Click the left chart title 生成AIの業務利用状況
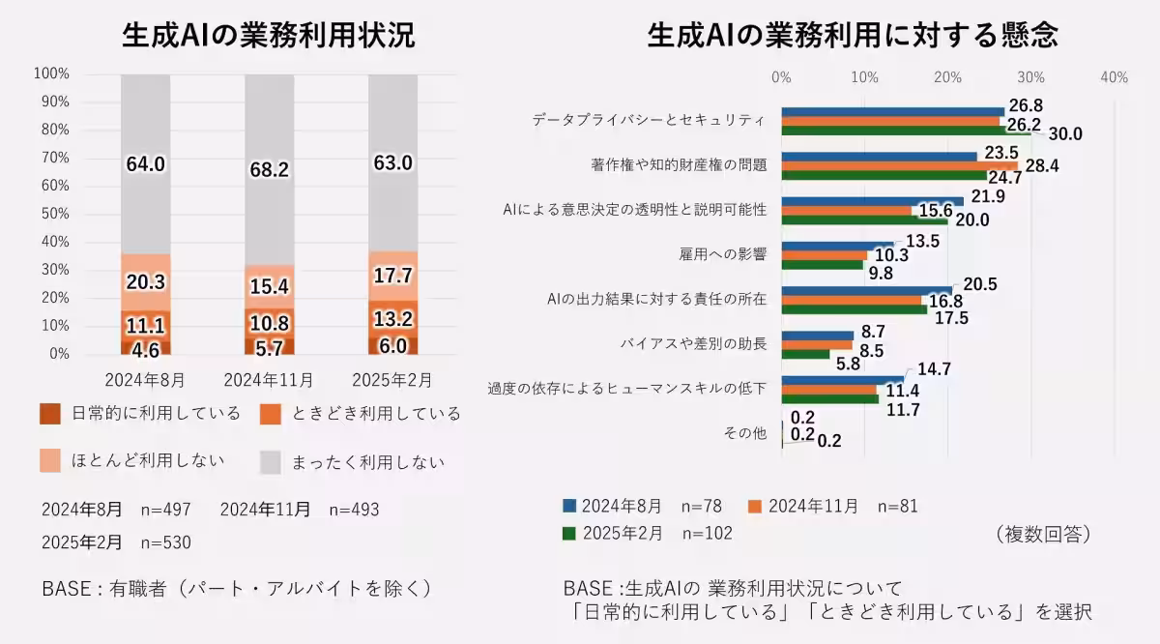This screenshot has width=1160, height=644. pos(268,36)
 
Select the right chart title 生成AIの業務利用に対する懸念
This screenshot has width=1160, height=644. pos(852,36)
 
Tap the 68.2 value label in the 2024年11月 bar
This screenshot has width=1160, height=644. pos(269,169)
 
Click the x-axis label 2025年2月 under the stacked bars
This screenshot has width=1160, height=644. pos(392,378)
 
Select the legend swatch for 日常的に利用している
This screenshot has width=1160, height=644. pos(51,414)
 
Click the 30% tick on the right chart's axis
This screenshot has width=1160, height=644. pos(1031,77)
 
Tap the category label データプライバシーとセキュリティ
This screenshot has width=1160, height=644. pos(649,120)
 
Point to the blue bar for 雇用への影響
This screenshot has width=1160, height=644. pos(837,245)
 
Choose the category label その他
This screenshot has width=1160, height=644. pos(745,432)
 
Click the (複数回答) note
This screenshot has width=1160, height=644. pos(1041,533)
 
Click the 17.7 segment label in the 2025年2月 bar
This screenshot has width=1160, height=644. pos(392,276)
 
